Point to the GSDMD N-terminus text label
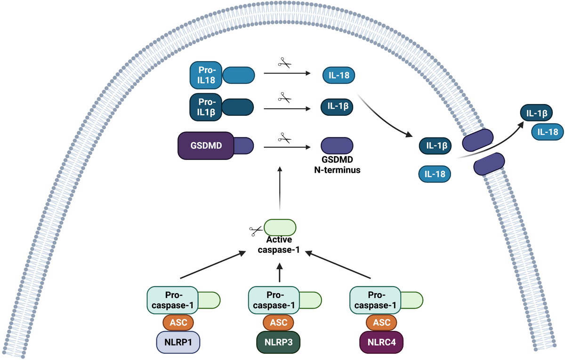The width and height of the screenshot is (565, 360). (337, 165)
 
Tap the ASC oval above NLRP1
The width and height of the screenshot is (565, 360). (178, 322)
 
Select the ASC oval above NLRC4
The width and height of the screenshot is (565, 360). (381, 322)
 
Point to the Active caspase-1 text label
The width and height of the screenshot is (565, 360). (280, 245)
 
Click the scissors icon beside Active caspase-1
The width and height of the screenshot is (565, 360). (256, 231)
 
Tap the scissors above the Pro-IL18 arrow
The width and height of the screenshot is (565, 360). (284, 63)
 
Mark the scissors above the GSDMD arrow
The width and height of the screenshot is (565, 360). (284, 138)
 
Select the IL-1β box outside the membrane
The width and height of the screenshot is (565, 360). (537, 114)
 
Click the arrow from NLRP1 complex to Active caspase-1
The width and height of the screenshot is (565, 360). (214, 265)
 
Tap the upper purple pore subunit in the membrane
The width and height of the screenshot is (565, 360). (478, 140)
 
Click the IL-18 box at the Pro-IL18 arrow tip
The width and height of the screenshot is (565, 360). (339, 75)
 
